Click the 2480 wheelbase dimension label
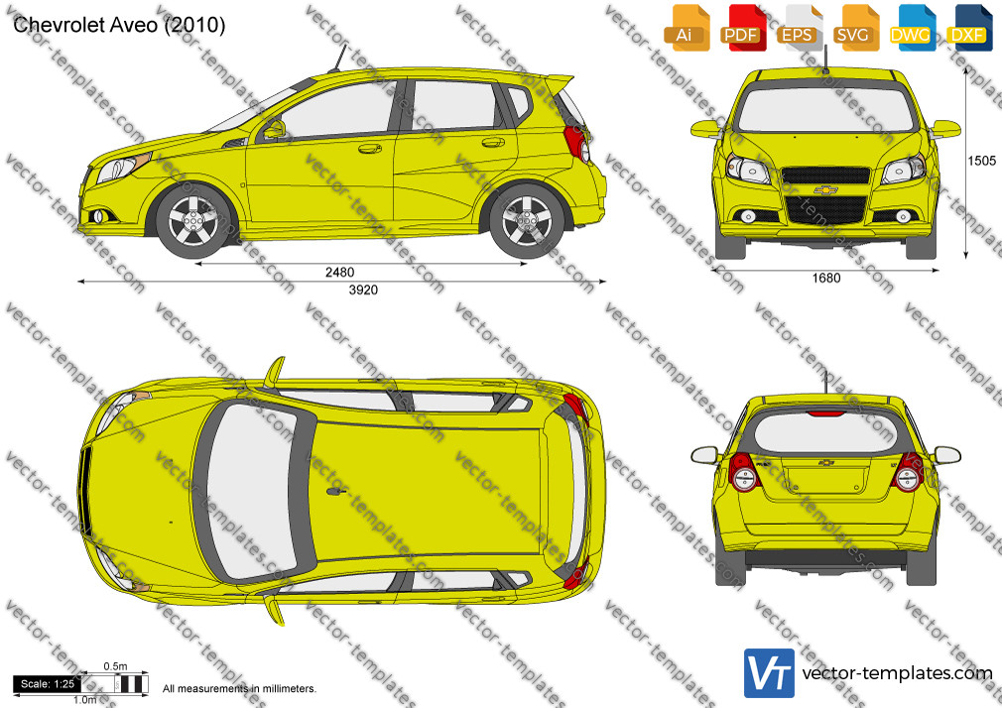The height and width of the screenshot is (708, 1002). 339,273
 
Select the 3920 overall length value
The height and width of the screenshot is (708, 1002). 363,291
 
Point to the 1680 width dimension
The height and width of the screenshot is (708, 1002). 825,278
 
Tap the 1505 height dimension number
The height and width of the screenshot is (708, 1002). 981,161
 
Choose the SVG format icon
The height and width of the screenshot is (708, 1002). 854,28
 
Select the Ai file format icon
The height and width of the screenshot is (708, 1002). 686,28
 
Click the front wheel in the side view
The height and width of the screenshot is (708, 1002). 193,221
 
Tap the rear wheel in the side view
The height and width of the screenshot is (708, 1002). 527,221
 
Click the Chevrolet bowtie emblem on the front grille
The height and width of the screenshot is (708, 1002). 825,189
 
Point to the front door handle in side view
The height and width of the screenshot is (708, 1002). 369,149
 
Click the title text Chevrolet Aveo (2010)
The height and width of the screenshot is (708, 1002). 119,25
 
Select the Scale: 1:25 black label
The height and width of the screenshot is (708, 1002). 48,684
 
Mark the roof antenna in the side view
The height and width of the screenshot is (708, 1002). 337,59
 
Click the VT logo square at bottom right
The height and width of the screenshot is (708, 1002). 769,673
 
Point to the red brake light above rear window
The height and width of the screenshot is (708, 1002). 825,414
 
